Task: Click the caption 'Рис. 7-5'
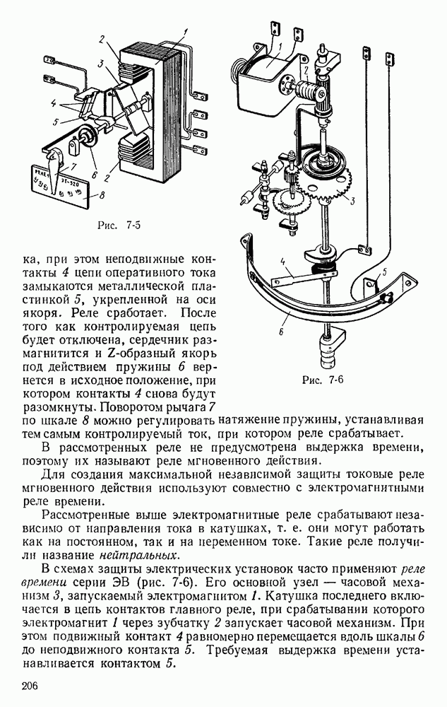click(x=122, y=226)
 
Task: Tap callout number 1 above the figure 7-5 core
click(x=185, y=30)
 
